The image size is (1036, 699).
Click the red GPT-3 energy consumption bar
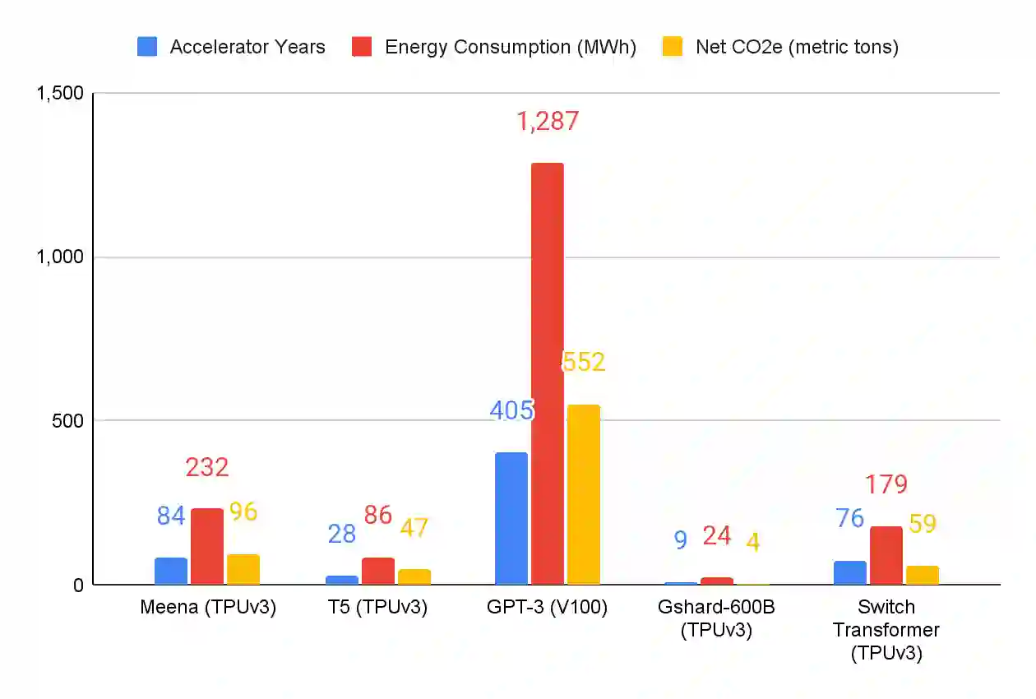coord(547,374)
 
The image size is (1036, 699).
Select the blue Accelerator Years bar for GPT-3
coord(511,518)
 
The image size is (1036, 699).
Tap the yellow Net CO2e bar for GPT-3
coord(583,494)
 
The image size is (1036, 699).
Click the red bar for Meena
coord(206,546)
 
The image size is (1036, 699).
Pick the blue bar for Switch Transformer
coord(849,572)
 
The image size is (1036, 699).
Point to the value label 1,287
coord(548,122)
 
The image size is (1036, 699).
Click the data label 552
coord(584,362)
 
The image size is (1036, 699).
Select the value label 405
coord(511,410)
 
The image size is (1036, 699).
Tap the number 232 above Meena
coord(206,468)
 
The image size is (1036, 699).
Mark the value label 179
coord(886,485)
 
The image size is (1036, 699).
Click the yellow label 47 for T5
coord(414,528)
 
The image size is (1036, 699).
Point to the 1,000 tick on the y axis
coord(60,257)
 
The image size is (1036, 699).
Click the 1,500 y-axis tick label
coord(60,93)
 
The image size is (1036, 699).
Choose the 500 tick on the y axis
coord(67,420)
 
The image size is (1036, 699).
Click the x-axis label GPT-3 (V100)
coord(547,608)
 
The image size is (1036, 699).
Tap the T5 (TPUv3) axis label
coord(377,608)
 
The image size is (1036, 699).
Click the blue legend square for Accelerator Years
coord(147,47)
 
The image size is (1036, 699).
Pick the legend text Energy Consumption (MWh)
coord(510,47)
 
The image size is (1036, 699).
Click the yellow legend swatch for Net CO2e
coord(673,47)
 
